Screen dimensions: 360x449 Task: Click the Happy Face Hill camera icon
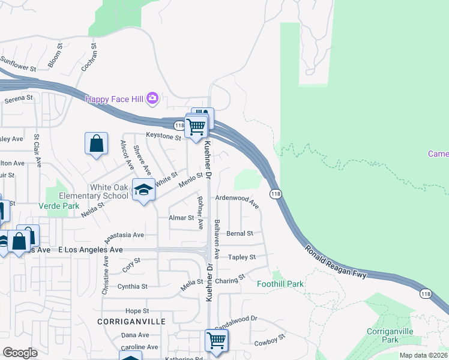coord(152,97)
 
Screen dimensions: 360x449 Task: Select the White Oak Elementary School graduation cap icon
coord(143,190)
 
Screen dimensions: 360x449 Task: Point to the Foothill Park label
coord(280,284)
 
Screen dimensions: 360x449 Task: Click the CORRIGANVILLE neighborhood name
coord(131,322)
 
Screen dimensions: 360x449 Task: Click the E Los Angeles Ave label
coord(91,249)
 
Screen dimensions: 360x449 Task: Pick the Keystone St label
coord(164,137)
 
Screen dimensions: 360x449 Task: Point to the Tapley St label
coord(242,257)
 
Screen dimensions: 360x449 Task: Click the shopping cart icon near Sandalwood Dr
coord(216,340)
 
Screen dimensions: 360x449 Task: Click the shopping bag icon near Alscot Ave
coord(96,143)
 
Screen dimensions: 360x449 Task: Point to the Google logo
coord(20,353)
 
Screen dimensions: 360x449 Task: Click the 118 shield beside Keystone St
coord(179,125)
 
